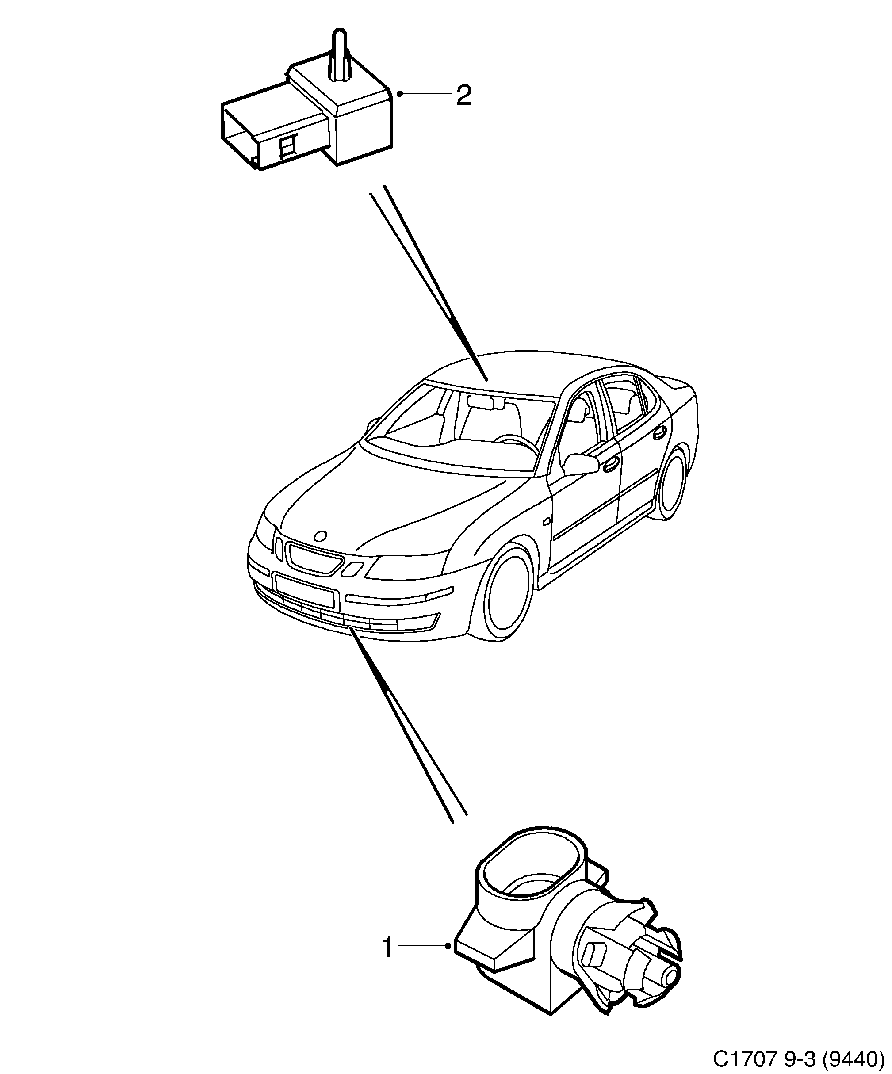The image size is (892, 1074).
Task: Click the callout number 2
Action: pyautogui.click(x=463, y=96)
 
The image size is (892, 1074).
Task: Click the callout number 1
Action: pyautogui.click(x=388, y=948)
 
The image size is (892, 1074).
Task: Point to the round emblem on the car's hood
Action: pyautogui.click(x=321, y=535)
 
